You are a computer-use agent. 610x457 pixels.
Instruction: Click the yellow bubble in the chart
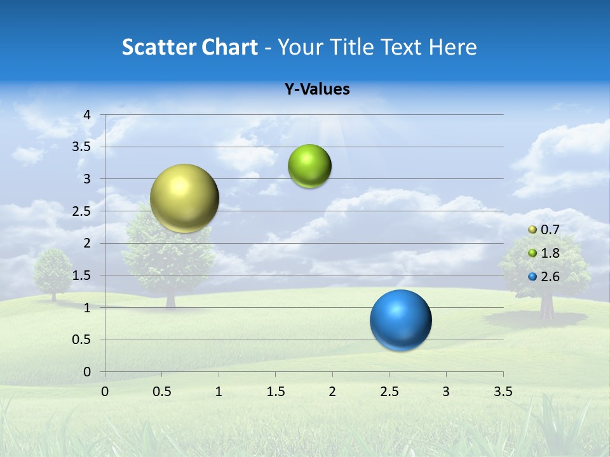coord(184,198)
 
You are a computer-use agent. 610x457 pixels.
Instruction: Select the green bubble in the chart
coord(309,166)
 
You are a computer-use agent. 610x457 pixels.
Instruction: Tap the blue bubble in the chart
coord(400,320)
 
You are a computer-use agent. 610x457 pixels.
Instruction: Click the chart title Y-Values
coord(317,89)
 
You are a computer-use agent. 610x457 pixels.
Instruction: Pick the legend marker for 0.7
coord(532,230)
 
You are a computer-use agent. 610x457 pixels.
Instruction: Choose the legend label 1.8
coord(550,253)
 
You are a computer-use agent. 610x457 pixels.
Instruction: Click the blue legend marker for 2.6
coord(532,277)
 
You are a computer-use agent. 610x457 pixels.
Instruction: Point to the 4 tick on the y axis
coord(87,115)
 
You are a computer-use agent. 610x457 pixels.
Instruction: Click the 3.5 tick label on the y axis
coord(82,147)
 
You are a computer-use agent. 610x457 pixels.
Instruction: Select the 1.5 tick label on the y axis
coord(82,275)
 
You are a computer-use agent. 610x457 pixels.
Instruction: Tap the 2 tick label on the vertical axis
coord(87,243)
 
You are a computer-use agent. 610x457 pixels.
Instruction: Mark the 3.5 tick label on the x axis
coord(503,392)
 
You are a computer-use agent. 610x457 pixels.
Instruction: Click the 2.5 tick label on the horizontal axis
coord(389,392)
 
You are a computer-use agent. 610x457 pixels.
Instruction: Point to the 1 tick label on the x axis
coord(219,392)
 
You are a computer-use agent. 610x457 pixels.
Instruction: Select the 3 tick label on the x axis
coord(446,392)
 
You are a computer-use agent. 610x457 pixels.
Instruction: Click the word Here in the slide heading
coord(452,47)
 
